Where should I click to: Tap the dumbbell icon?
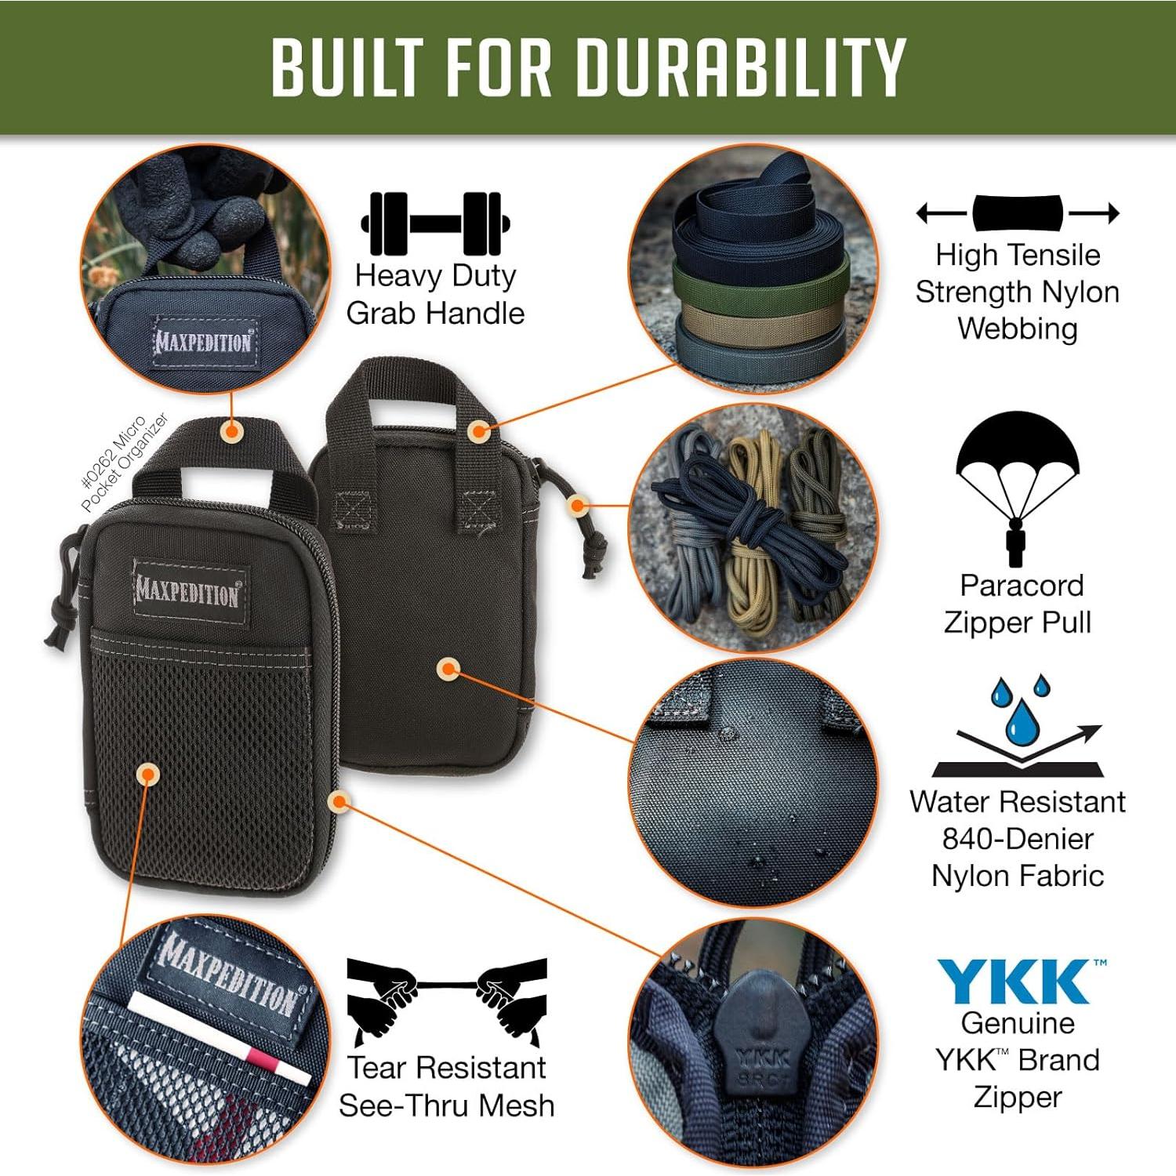coord(435,223)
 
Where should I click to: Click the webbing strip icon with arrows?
coord(1018,212)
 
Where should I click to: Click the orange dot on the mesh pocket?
coord(147,775)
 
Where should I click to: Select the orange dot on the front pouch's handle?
coord(230,430)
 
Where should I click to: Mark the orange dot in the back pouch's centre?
coord(448,669)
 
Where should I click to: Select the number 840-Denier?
coord(1017,839)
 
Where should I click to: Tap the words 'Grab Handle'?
coord(435,314)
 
